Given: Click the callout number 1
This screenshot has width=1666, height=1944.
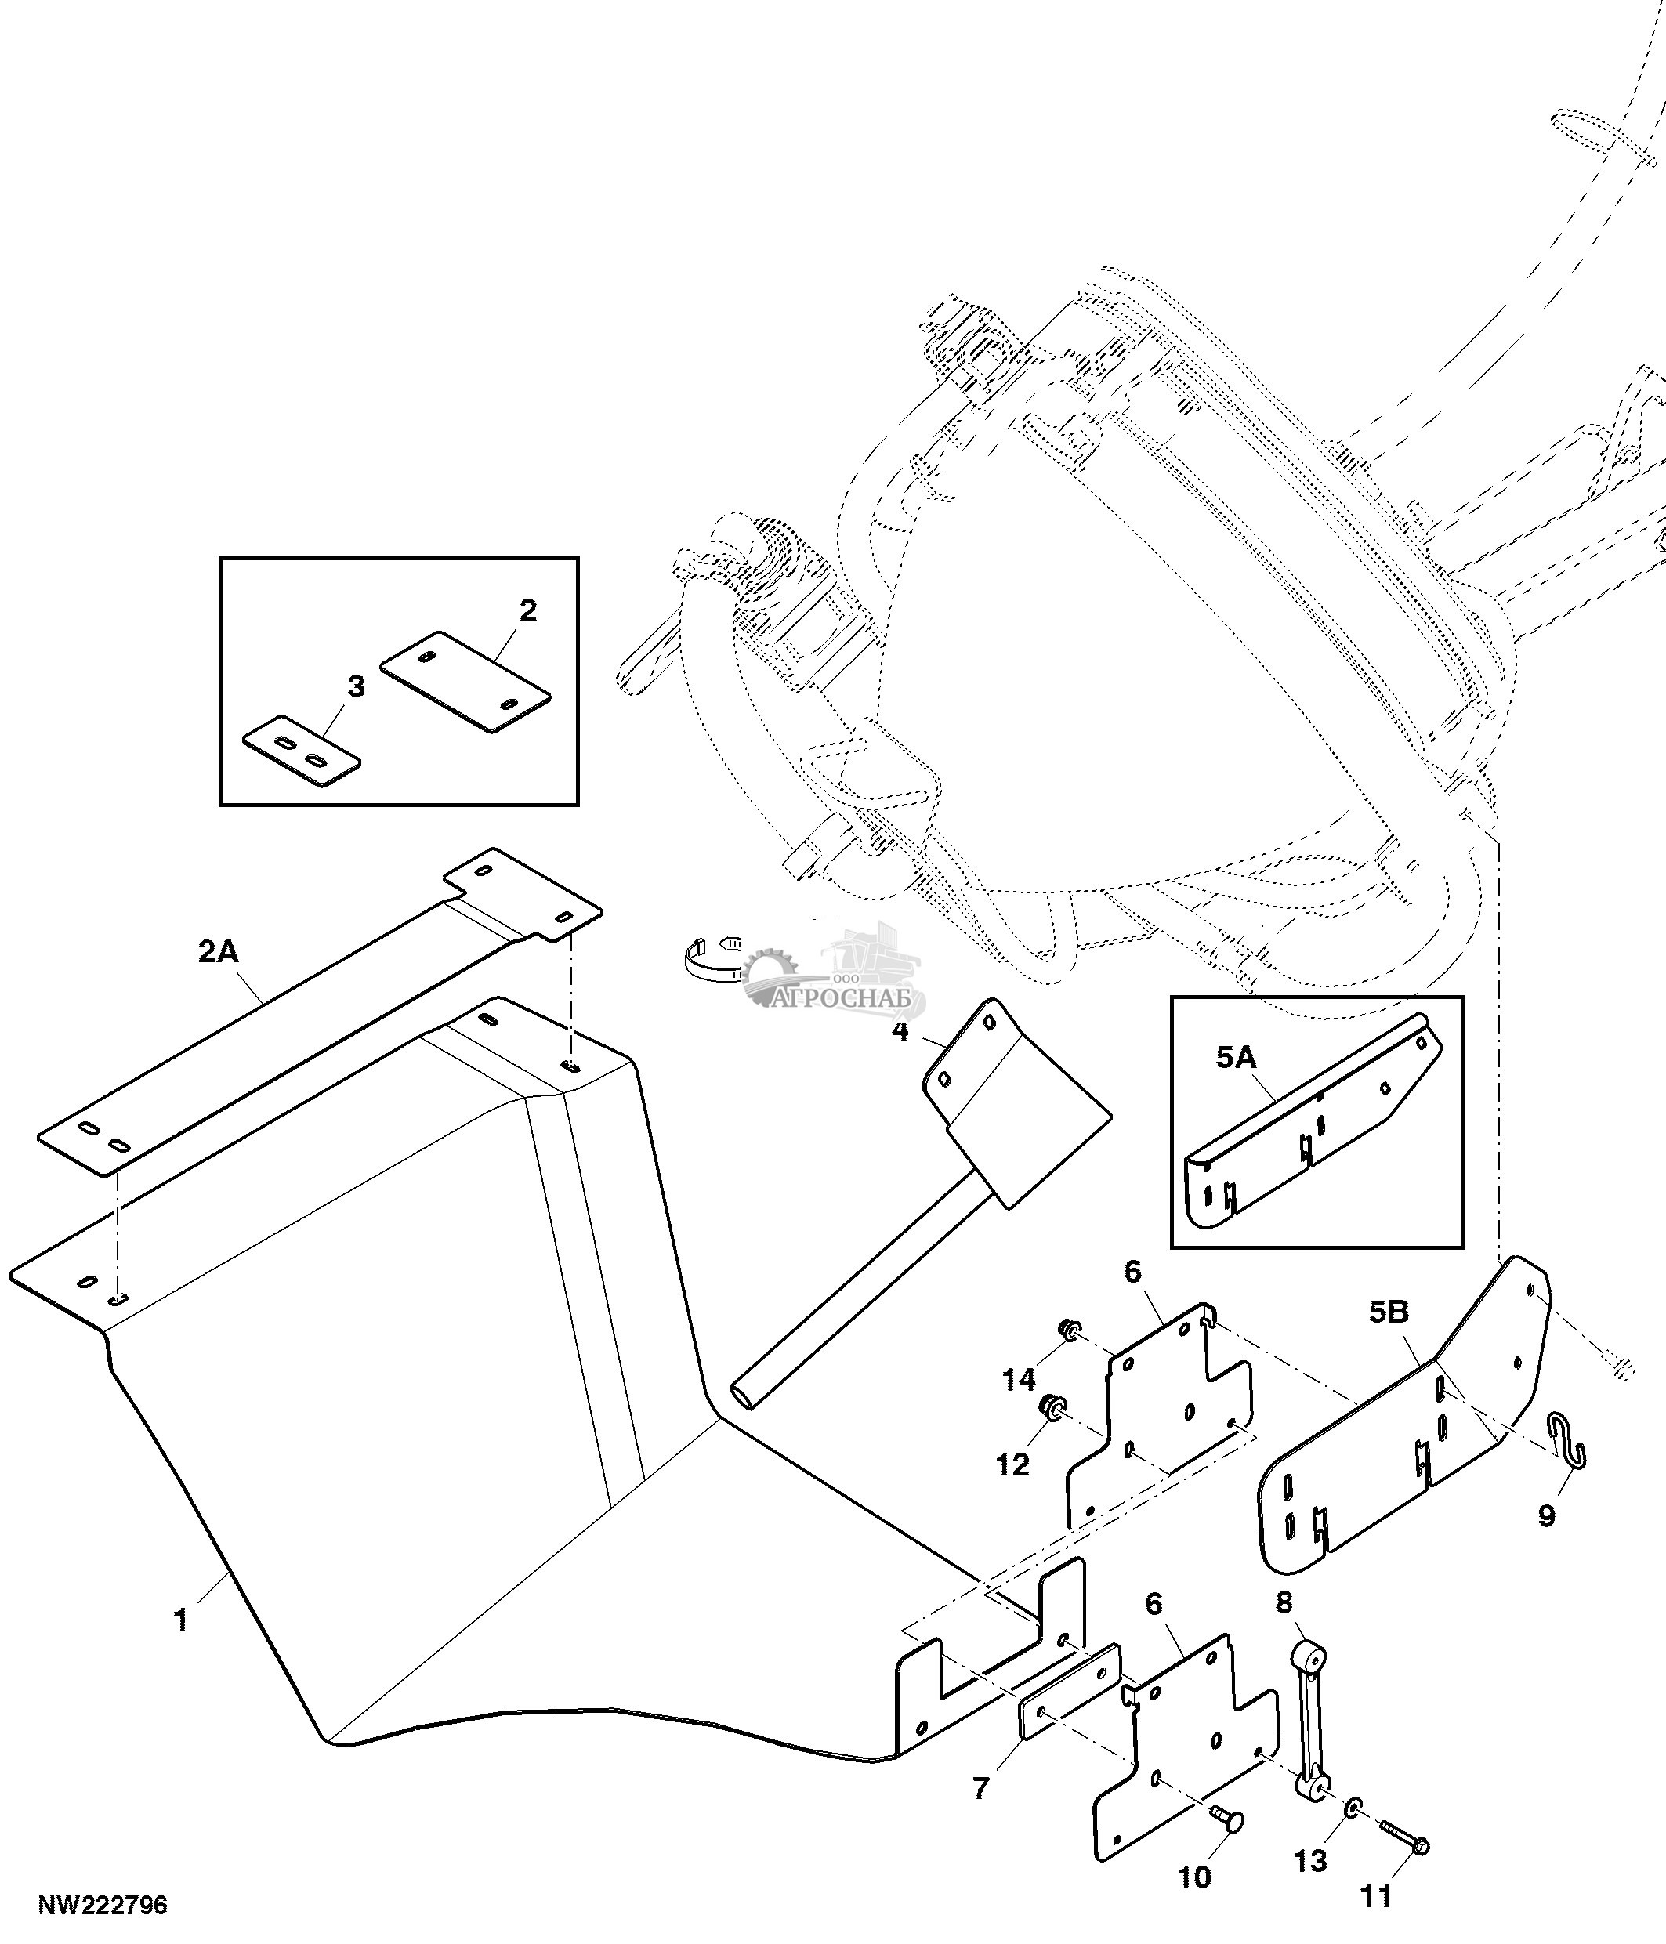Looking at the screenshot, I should (x=181, y=1620).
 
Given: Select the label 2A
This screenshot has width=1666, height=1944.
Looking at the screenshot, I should (x=219, y=952).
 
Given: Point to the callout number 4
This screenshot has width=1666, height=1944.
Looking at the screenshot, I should (x=900, y=1032).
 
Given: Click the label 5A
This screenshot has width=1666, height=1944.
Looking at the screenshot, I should (x=1236, y=1059).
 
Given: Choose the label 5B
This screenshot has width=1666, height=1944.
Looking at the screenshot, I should (x=1389, y=1312).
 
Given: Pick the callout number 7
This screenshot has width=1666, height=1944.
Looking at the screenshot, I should (x=981, y=1789).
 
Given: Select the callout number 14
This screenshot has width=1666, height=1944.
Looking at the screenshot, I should (x=1019, y=1379).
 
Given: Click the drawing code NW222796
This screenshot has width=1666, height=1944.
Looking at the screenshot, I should (x=102, y=1906).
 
